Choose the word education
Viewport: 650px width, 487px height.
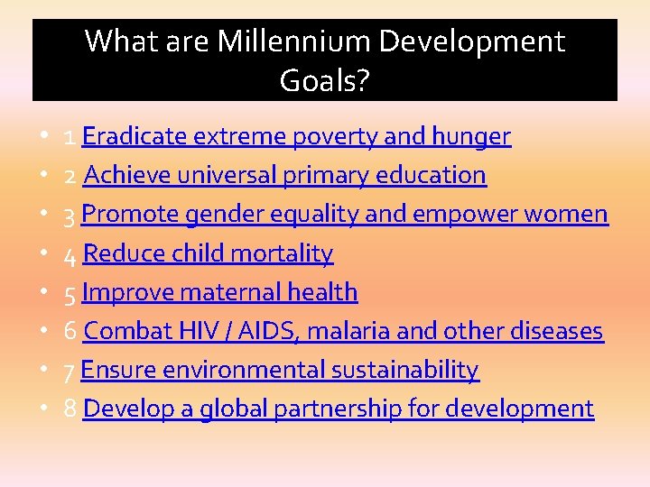(432, 175)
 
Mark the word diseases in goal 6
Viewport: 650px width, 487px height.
(553, 331)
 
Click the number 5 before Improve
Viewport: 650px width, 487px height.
(70, 293)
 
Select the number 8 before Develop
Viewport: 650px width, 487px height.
(70, 409)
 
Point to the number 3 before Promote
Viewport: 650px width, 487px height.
(70, 215)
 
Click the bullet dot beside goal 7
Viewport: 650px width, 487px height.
(45, 369)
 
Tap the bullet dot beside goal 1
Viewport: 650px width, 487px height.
(45, 135)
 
